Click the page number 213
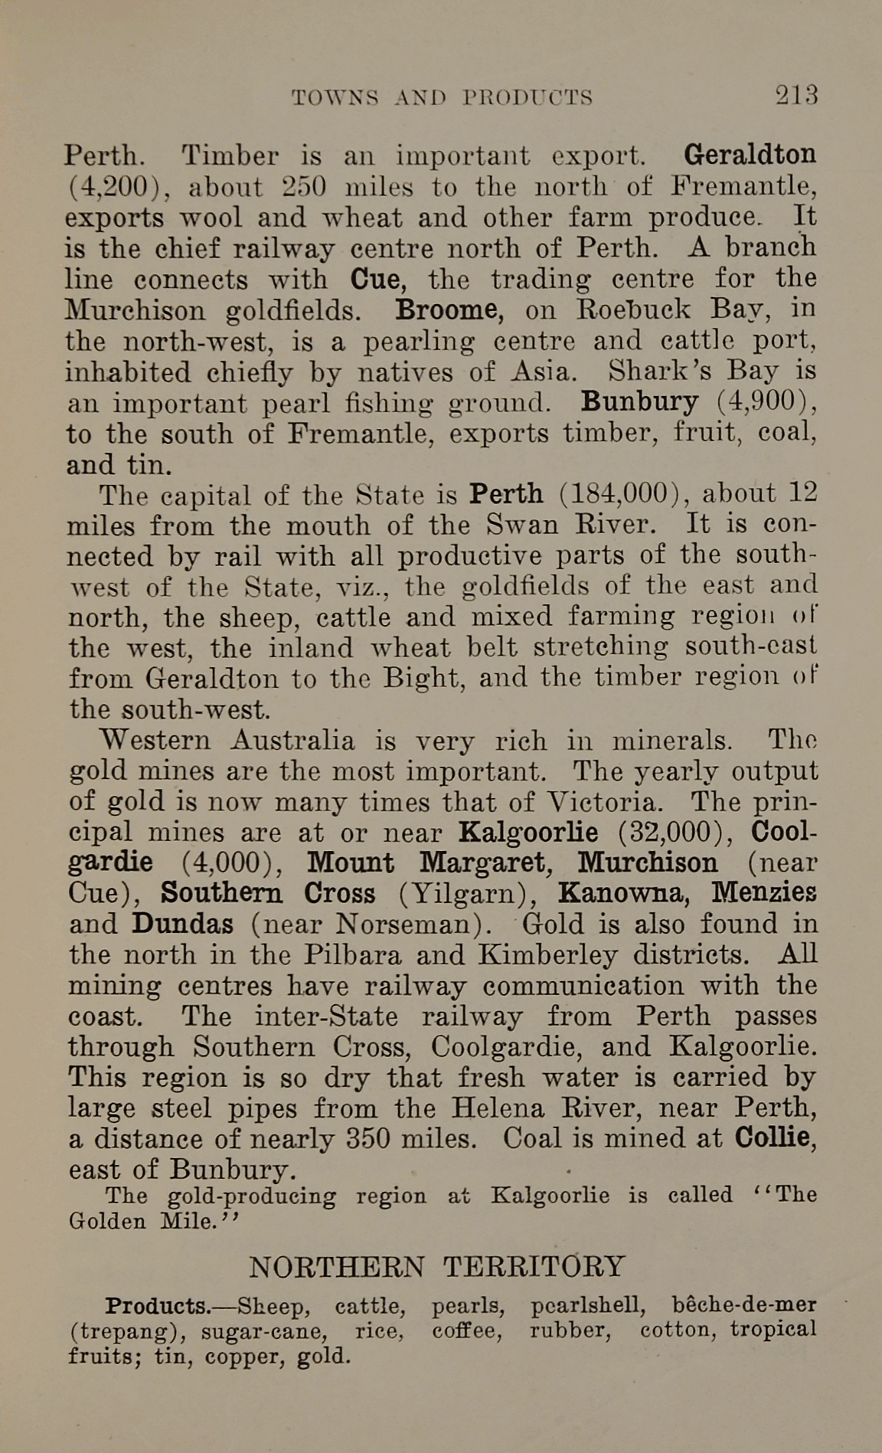[x=796, y=95]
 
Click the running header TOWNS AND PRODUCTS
[x=443, y=98]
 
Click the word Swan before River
[x=521, y=525]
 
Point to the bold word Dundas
[x=182, y=924]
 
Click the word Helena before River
[x=497, y=1108]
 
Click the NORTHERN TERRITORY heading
[x=437, y=1267]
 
